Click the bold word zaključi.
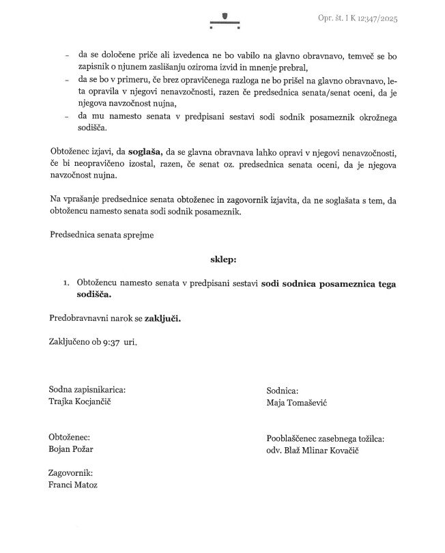160,318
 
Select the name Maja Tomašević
298,403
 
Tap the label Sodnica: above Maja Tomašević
283,391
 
